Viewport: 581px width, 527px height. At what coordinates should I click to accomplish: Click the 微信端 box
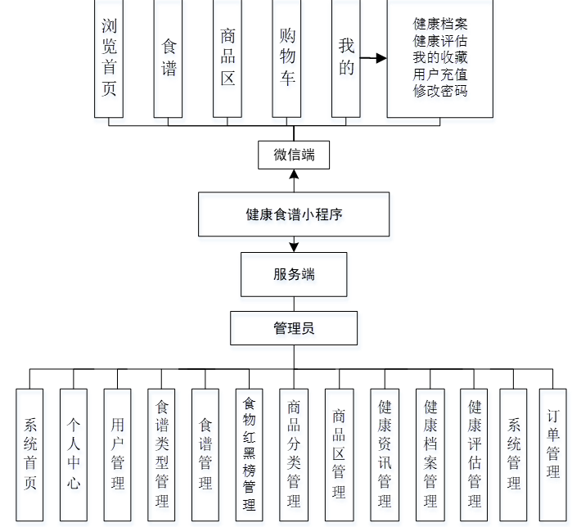(294, 155)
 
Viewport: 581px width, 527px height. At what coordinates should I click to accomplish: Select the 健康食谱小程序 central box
(294, 214)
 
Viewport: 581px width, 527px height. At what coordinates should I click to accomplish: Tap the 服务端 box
(294, 274)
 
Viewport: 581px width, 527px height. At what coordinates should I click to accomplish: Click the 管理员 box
(294, 328)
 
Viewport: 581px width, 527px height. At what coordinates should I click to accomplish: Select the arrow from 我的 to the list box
(373, 58)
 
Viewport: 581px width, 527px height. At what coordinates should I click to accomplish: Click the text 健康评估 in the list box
(440, 40)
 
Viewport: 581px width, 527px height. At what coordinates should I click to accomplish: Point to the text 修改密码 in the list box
(440, 91)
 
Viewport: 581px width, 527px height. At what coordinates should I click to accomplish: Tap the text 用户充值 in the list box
(440, 74)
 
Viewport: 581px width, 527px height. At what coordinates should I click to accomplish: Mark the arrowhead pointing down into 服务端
(294, 246)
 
